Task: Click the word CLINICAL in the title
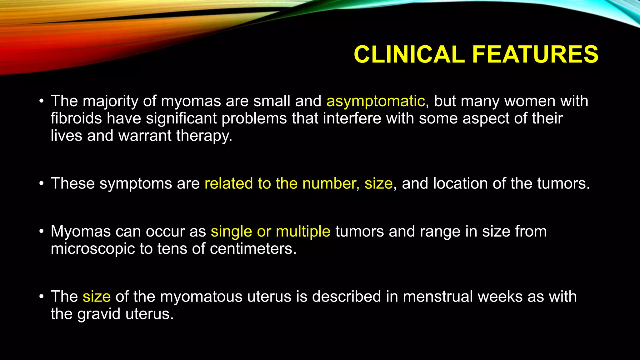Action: pyautogui.click(x=409, y=54)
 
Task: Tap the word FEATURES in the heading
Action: pyautogui.click(x=535, y=54)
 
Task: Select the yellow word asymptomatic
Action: pyautogui.click(x=376, y=101)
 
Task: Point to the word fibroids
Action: pyautogui.click(x=76, y=118)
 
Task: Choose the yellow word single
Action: pyautogui.click(x=231, y=232)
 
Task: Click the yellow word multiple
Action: pyautogui.click(x=303, y=232)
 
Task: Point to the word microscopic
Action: pyautogui.click(x=93, y=249)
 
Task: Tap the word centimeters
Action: pyautogui.click(x=253, y=249)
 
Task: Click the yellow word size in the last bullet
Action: pyautogui.click(x=97, y=297)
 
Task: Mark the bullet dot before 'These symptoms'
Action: pyautogui.click(x=42, y=184)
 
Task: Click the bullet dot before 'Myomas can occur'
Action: pyautogui.click(x=42, y=232)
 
